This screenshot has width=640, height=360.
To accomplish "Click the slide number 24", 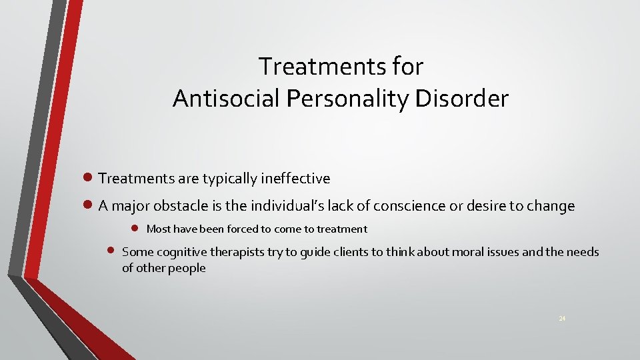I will pos(562,319).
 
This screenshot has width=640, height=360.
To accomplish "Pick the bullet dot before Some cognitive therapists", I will pos(111,251).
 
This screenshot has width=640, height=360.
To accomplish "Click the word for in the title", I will pos(408,67).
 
